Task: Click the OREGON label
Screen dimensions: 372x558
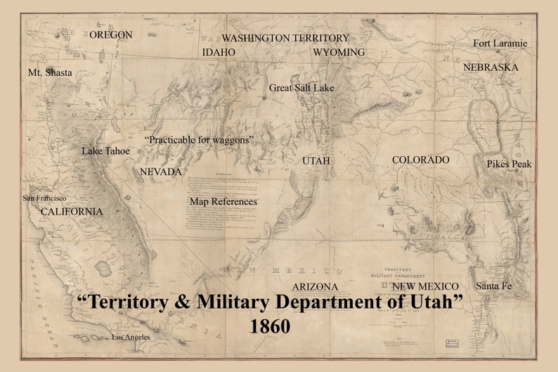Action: click(x=111, y=34)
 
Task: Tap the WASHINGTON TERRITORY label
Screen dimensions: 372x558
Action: click(x=285, y=37)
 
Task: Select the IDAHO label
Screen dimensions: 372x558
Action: click(x=219, y=53)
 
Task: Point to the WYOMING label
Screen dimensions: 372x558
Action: click(x=339, y=53)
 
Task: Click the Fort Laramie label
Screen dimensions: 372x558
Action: click(x=500, y=44)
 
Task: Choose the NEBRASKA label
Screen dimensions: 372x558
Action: click(x=491, y=68)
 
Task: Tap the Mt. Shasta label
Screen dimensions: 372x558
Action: click(x=50, y=73)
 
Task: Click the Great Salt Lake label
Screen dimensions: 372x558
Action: click(x=301, y=88)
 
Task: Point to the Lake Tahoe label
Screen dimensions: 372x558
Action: click(x=105, y=151)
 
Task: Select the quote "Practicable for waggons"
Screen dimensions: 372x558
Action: click(x=199, y=141)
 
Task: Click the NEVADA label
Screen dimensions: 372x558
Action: click(x=161, y=172)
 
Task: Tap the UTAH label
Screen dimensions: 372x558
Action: click(x=316, y=161)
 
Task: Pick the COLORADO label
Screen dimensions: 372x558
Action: click(x=420, y=160)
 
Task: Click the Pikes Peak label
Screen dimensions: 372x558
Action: click(x=509, y=164)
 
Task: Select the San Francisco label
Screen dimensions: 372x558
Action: click(x=45, y=198)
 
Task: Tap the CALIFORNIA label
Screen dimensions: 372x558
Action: click(x=71, y=212)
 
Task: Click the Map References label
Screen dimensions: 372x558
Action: click(x=223, y=202)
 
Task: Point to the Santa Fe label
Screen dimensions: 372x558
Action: click(x=493, y=286)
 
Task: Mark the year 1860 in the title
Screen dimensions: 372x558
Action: click(x=270, y=326)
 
